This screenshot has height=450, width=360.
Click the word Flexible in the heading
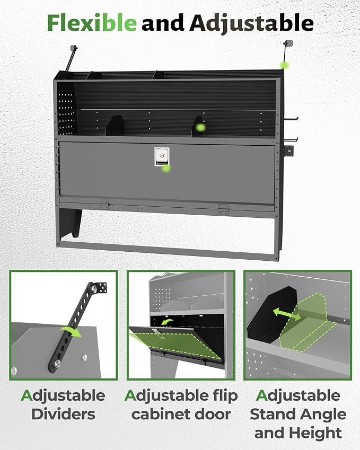[92, 23]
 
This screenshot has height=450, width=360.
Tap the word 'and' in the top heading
[163, 23]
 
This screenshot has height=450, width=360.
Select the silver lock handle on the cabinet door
[162, 157]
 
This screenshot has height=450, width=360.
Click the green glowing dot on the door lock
[166, 169]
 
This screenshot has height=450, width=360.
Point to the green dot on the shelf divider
[200, 127]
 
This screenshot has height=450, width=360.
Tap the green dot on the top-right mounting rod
[285, 65]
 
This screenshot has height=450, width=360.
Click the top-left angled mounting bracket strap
[71, 58]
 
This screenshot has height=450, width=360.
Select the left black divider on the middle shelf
[116, 126]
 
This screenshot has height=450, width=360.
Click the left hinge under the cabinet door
[104, 205]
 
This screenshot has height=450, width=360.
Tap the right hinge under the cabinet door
[223, 209]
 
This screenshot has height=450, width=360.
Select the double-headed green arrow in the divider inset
[287, 313]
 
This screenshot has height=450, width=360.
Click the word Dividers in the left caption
[63, 414]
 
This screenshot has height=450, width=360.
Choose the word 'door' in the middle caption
[213, 414]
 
